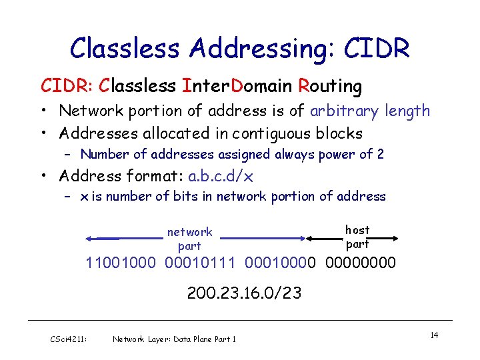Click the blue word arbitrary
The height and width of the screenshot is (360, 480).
click(357, 111)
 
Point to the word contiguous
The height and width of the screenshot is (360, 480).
click(265, 133)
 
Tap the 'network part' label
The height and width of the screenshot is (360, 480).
click(189, 239)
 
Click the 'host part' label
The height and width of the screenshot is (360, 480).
click(357, 237)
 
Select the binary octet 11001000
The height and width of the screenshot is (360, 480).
click(122, 263)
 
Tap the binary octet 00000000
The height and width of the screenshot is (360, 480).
click(361, 263)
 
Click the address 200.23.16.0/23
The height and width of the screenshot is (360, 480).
click(244, 292)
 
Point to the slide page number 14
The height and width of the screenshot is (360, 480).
click(434, 335)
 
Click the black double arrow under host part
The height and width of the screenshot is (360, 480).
click(351, 238)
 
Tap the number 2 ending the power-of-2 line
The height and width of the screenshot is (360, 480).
click(380, 155)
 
